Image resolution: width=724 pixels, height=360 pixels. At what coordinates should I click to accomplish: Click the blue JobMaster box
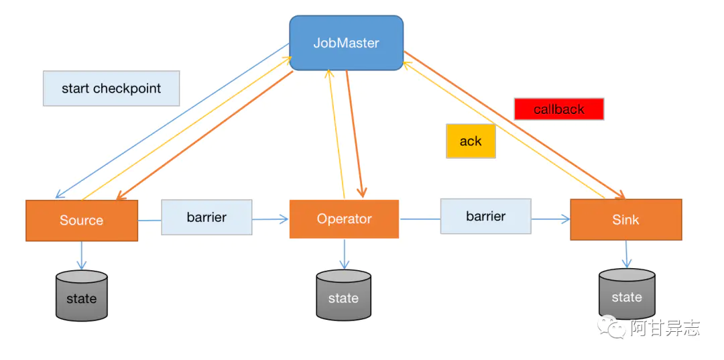tap(346, 43)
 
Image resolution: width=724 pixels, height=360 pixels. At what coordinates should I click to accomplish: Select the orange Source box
tap(82, 220)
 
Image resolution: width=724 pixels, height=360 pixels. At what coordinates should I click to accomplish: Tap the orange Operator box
tap(344, 219)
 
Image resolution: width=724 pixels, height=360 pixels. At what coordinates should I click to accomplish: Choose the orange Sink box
tap(625, 219)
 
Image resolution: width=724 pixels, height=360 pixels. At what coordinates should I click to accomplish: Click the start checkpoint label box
tap(111, 88)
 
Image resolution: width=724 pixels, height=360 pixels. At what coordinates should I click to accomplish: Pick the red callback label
tap(558, 109)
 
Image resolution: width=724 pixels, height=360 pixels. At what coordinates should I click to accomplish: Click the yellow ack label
tap(471, 141)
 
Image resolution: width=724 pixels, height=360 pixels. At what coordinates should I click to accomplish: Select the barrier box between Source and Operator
tap(206, 217)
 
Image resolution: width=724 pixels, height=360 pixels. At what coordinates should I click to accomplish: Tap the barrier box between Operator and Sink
tap(485, 216)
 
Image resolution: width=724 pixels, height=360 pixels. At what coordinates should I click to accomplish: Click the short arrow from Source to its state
tap(82, 255)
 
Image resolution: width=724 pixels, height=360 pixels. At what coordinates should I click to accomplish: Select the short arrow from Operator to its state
tap(345, 253)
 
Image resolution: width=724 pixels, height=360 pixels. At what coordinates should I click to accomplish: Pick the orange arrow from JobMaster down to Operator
tap(354, 134)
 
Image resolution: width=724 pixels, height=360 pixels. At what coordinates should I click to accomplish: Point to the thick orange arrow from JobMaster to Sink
tap(516, 127)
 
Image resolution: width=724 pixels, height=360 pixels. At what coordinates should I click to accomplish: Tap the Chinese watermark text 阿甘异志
tap(664, 328)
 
